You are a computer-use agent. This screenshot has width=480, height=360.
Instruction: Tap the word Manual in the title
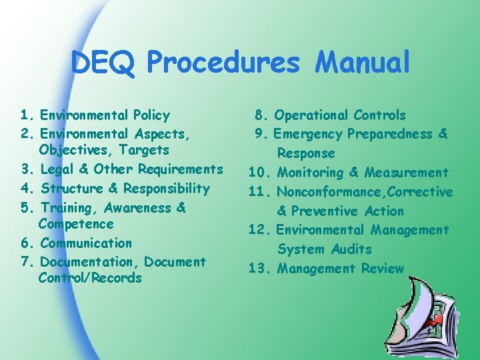(x=363, y=64)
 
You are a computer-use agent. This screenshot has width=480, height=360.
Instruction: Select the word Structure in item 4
(x=69, y=189)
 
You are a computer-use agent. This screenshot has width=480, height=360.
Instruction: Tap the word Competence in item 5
(x=76, y=224)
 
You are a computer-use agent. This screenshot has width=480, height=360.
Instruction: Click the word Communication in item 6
(x=86, y=243)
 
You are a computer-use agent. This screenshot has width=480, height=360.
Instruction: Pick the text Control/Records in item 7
(x=90, y=278)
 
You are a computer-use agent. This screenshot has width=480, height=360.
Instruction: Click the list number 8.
(x=262, y=115)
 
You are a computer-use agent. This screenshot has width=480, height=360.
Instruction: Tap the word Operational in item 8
(x=311, y=115)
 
